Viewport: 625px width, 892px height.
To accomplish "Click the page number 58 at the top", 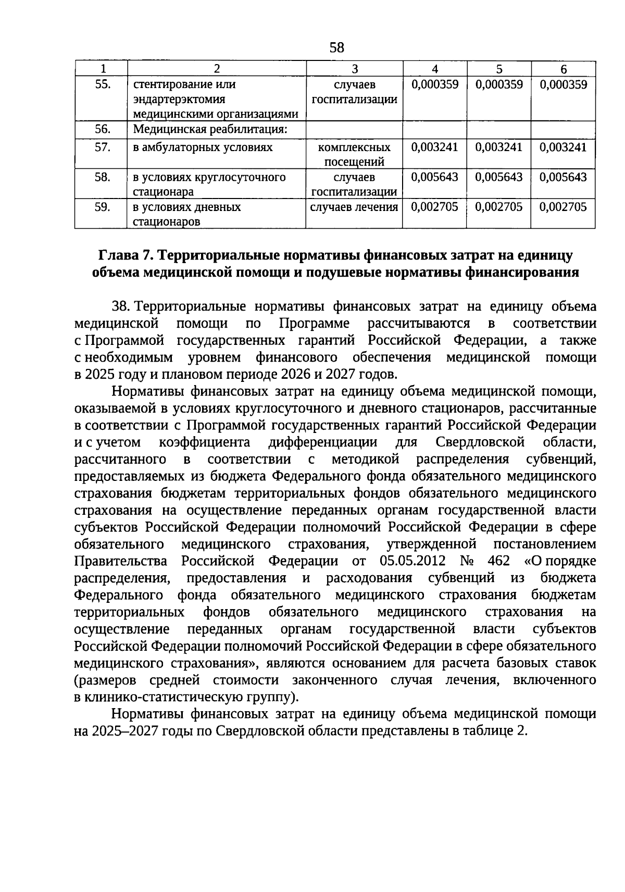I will coord(337,48).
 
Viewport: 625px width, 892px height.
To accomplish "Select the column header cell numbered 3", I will coord(354,69).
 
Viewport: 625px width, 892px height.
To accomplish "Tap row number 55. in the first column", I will coord(102,84).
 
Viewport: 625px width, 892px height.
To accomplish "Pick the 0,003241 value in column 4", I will coord(434,147).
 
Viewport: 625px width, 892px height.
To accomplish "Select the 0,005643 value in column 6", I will coord(563,177).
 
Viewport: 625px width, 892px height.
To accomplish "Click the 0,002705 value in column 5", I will coord(498,207).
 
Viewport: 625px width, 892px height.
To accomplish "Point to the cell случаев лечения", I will coord(354,207).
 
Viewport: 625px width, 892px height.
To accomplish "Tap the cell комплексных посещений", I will coord(354,154).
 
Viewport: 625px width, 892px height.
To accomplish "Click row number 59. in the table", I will coord(102,207).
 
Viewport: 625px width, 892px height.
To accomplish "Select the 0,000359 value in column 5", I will coord(498,84).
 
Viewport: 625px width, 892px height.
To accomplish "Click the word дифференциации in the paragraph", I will coord(323,442).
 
